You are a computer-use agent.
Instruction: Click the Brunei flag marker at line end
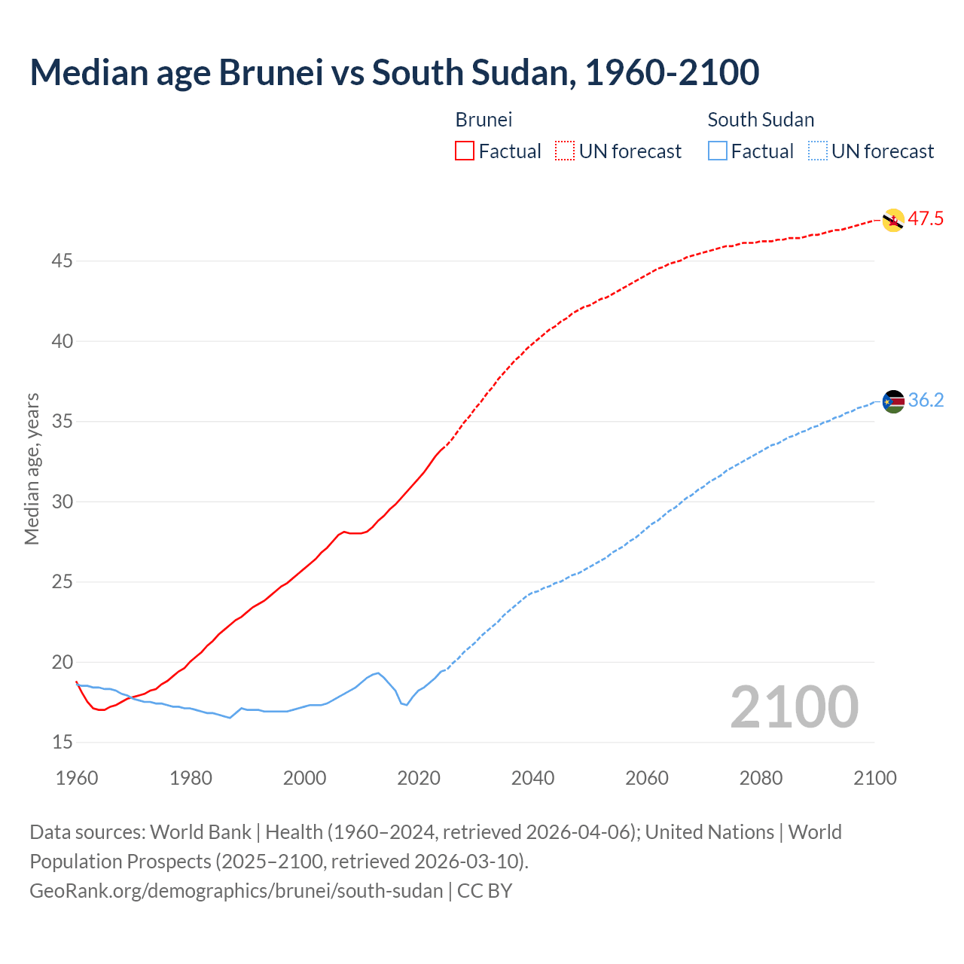[x=892, y=220]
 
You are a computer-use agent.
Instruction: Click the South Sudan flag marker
[x=892, y=401]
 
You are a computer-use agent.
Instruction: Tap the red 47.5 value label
[x=926, y=219]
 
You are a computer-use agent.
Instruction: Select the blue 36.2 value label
[x=926, y=401]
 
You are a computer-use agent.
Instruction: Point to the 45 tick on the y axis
[x=63, y=261]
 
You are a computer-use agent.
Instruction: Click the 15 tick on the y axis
[x=63, y=743]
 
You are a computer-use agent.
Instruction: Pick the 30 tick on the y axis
[x=63, y=502]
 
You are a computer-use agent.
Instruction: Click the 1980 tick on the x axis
[x=191, y=778]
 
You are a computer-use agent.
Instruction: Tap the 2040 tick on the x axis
[x=532, y=778]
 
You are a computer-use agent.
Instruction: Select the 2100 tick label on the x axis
[x=874, y=778]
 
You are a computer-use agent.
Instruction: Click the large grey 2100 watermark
[x=794, y=706]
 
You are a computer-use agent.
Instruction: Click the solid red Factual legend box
[x=465, y=151]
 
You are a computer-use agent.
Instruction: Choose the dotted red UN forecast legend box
[x=565, y=151]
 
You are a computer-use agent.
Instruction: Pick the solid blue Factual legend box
[x=717, y=151]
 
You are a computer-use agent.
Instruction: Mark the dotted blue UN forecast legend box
[x=817, y=151]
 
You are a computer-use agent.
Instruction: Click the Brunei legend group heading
[x=484, y=120]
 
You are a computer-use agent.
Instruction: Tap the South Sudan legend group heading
[x=761, y=120]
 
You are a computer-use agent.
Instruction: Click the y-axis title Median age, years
[x=32, y=468]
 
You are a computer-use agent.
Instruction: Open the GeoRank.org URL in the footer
[x=236, y=891]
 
